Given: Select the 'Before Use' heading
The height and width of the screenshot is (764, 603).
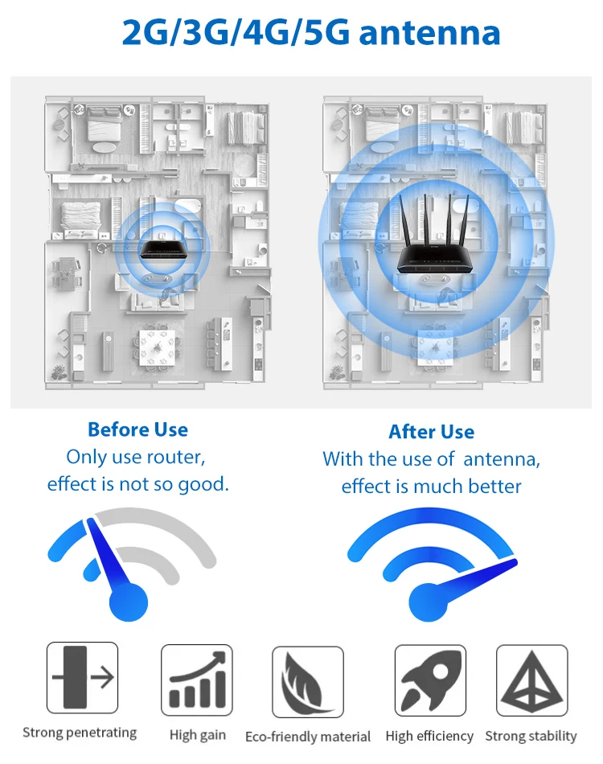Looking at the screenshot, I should (x=137, y=429).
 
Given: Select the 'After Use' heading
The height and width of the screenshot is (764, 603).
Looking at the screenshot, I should (x=431, y=432).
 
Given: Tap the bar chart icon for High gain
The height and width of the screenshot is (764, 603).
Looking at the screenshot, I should (x=197, y=680).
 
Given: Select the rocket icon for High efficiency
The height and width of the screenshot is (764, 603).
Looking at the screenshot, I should (x=429, y=680).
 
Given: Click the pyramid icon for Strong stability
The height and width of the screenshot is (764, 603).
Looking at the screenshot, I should (x=531, y=680).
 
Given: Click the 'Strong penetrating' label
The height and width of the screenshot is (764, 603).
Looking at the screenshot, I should (x=80, y=733).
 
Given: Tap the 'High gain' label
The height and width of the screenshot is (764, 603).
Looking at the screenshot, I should (x=198, y=735).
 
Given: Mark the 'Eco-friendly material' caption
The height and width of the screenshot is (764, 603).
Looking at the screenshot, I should (x=308, y=737).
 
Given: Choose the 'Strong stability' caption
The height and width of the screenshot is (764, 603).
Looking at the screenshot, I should (x=531, y=736).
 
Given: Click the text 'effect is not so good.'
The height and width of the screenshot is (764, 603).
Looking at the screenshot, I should (x=137, y=484).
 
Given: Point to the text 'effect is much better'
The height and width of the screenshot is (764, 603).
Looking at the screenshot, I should (x=431, y=487).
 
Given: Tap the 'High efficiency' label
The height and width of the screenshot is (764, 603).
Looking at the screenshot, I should (x=429, y=736).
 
